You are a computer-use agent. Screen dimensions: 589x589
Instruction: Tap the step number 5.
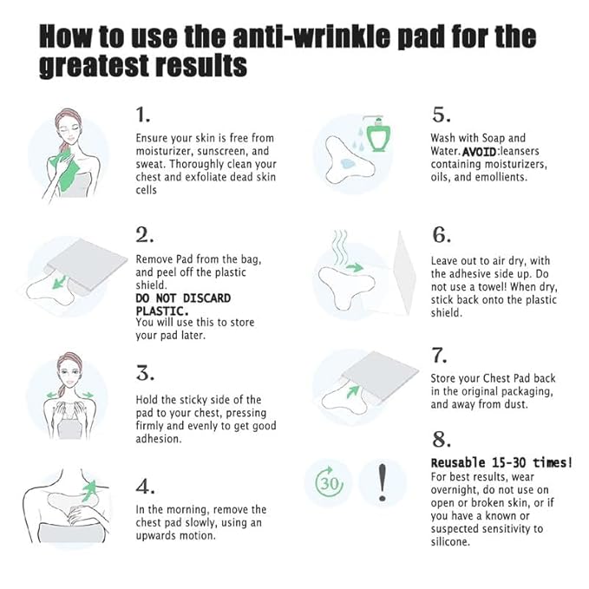click(440, 115)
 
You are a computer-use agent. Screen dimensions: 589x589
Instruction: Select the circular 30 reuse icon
click(327, 482)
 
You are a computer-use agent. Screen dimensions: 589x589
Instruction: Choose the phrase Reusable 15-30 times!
click(501, 462)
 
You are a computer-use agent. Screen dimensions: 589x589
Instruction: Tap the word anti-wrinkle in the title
click(285, 37)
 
